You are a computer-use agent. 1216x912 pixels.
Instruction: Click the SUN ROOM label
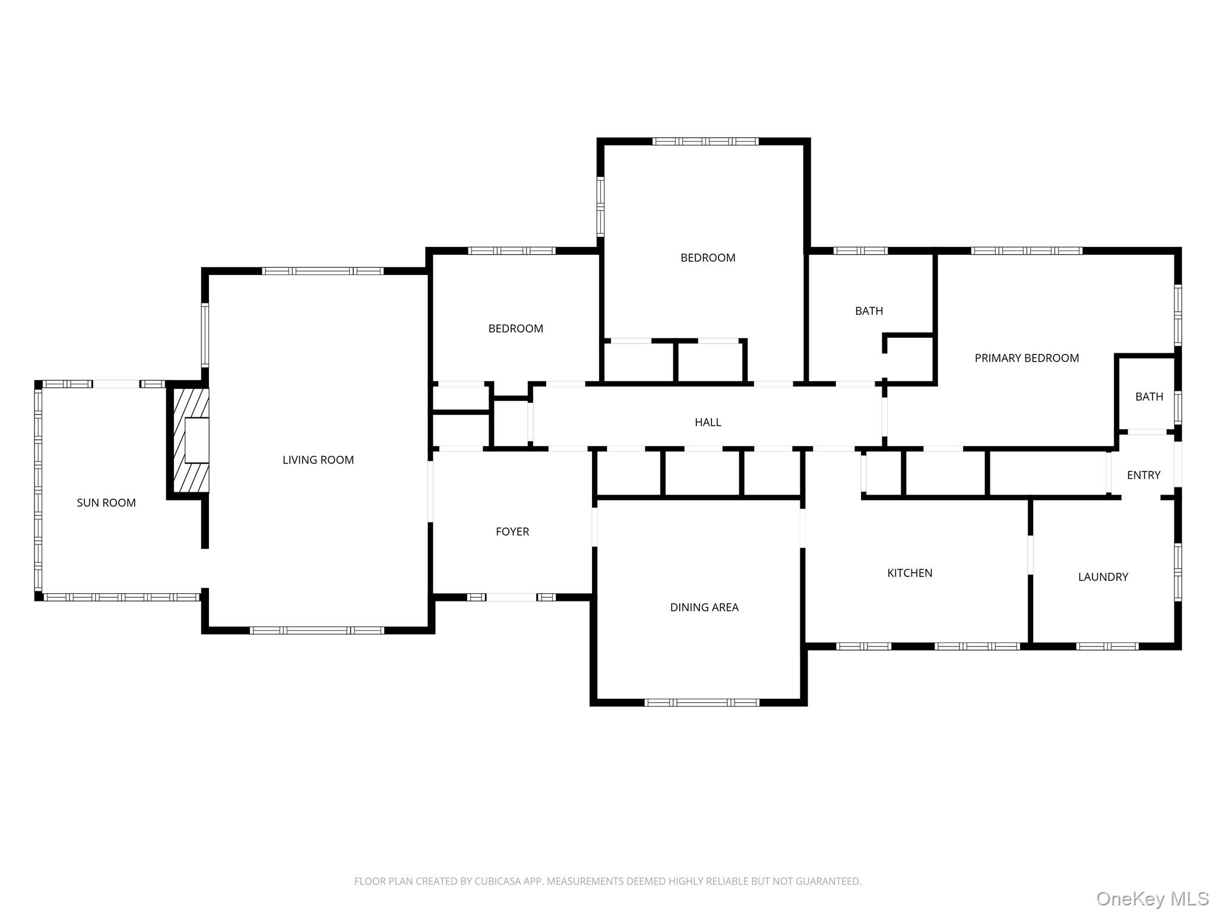pyautogui.click(x=106, y=503)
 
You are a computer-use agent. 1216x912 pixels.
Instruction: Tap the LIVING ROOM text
pyautogui.click(x=318, y=460)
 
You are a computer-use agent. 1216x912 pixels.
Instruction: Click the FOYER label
pyautogui.click(x=512, y=532)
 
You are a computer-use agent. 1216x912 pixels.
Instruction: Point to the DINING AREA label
pyautogui.click(x=704, y=607)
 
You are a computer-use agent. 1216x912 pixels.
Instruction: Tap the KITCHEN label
pyautogui.click(x=910, y=573)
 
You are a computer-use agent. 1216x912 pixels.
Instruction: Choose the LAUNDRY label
pyautogui.click(x=1103, y=577)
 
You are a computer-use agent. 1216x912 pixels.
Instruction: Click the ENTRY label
pyautogui.click(x=1144, y=475)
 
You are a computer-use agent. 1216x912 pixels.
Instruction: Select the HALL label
pyautogui.click(x=708, y=422)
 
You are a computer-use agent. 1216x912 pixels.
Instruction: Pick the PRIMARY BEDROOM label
pyautogui.click(x=1027, y=358)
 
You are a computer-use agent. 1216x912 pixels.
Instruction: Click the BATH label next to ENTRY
pyautogui.click(x=1149, y=397)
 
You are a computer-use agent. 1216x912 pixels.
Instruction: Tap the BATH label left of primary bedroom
pyautogui.click(x=869, y=311)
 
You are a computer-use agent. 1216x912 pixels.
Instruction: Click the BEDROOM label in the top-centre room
pyautogui.click(x=708, y=258)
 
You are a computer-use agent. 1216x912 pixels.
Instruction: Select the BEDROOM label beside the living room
pyautogui.click(x=515, y=328)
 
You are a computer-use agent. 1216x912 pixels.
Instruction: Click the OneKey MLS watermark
pyautogui.click(x=1152, y=898)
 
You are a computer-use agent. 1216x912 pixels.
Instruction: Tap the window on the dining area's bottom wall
pyautogui.click(x=702, y=702)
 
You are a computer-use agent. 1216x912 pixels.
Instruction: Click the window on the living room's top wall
pyautogui.click(x=323, y=271)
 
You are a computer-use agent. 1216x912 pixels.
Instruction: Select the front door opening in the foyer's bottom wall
pyautogui.click(x=512, y=597)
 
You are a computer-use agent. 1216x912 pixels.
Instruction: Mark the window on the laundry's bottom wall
pyautogui.click(x=1107, y=646)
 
